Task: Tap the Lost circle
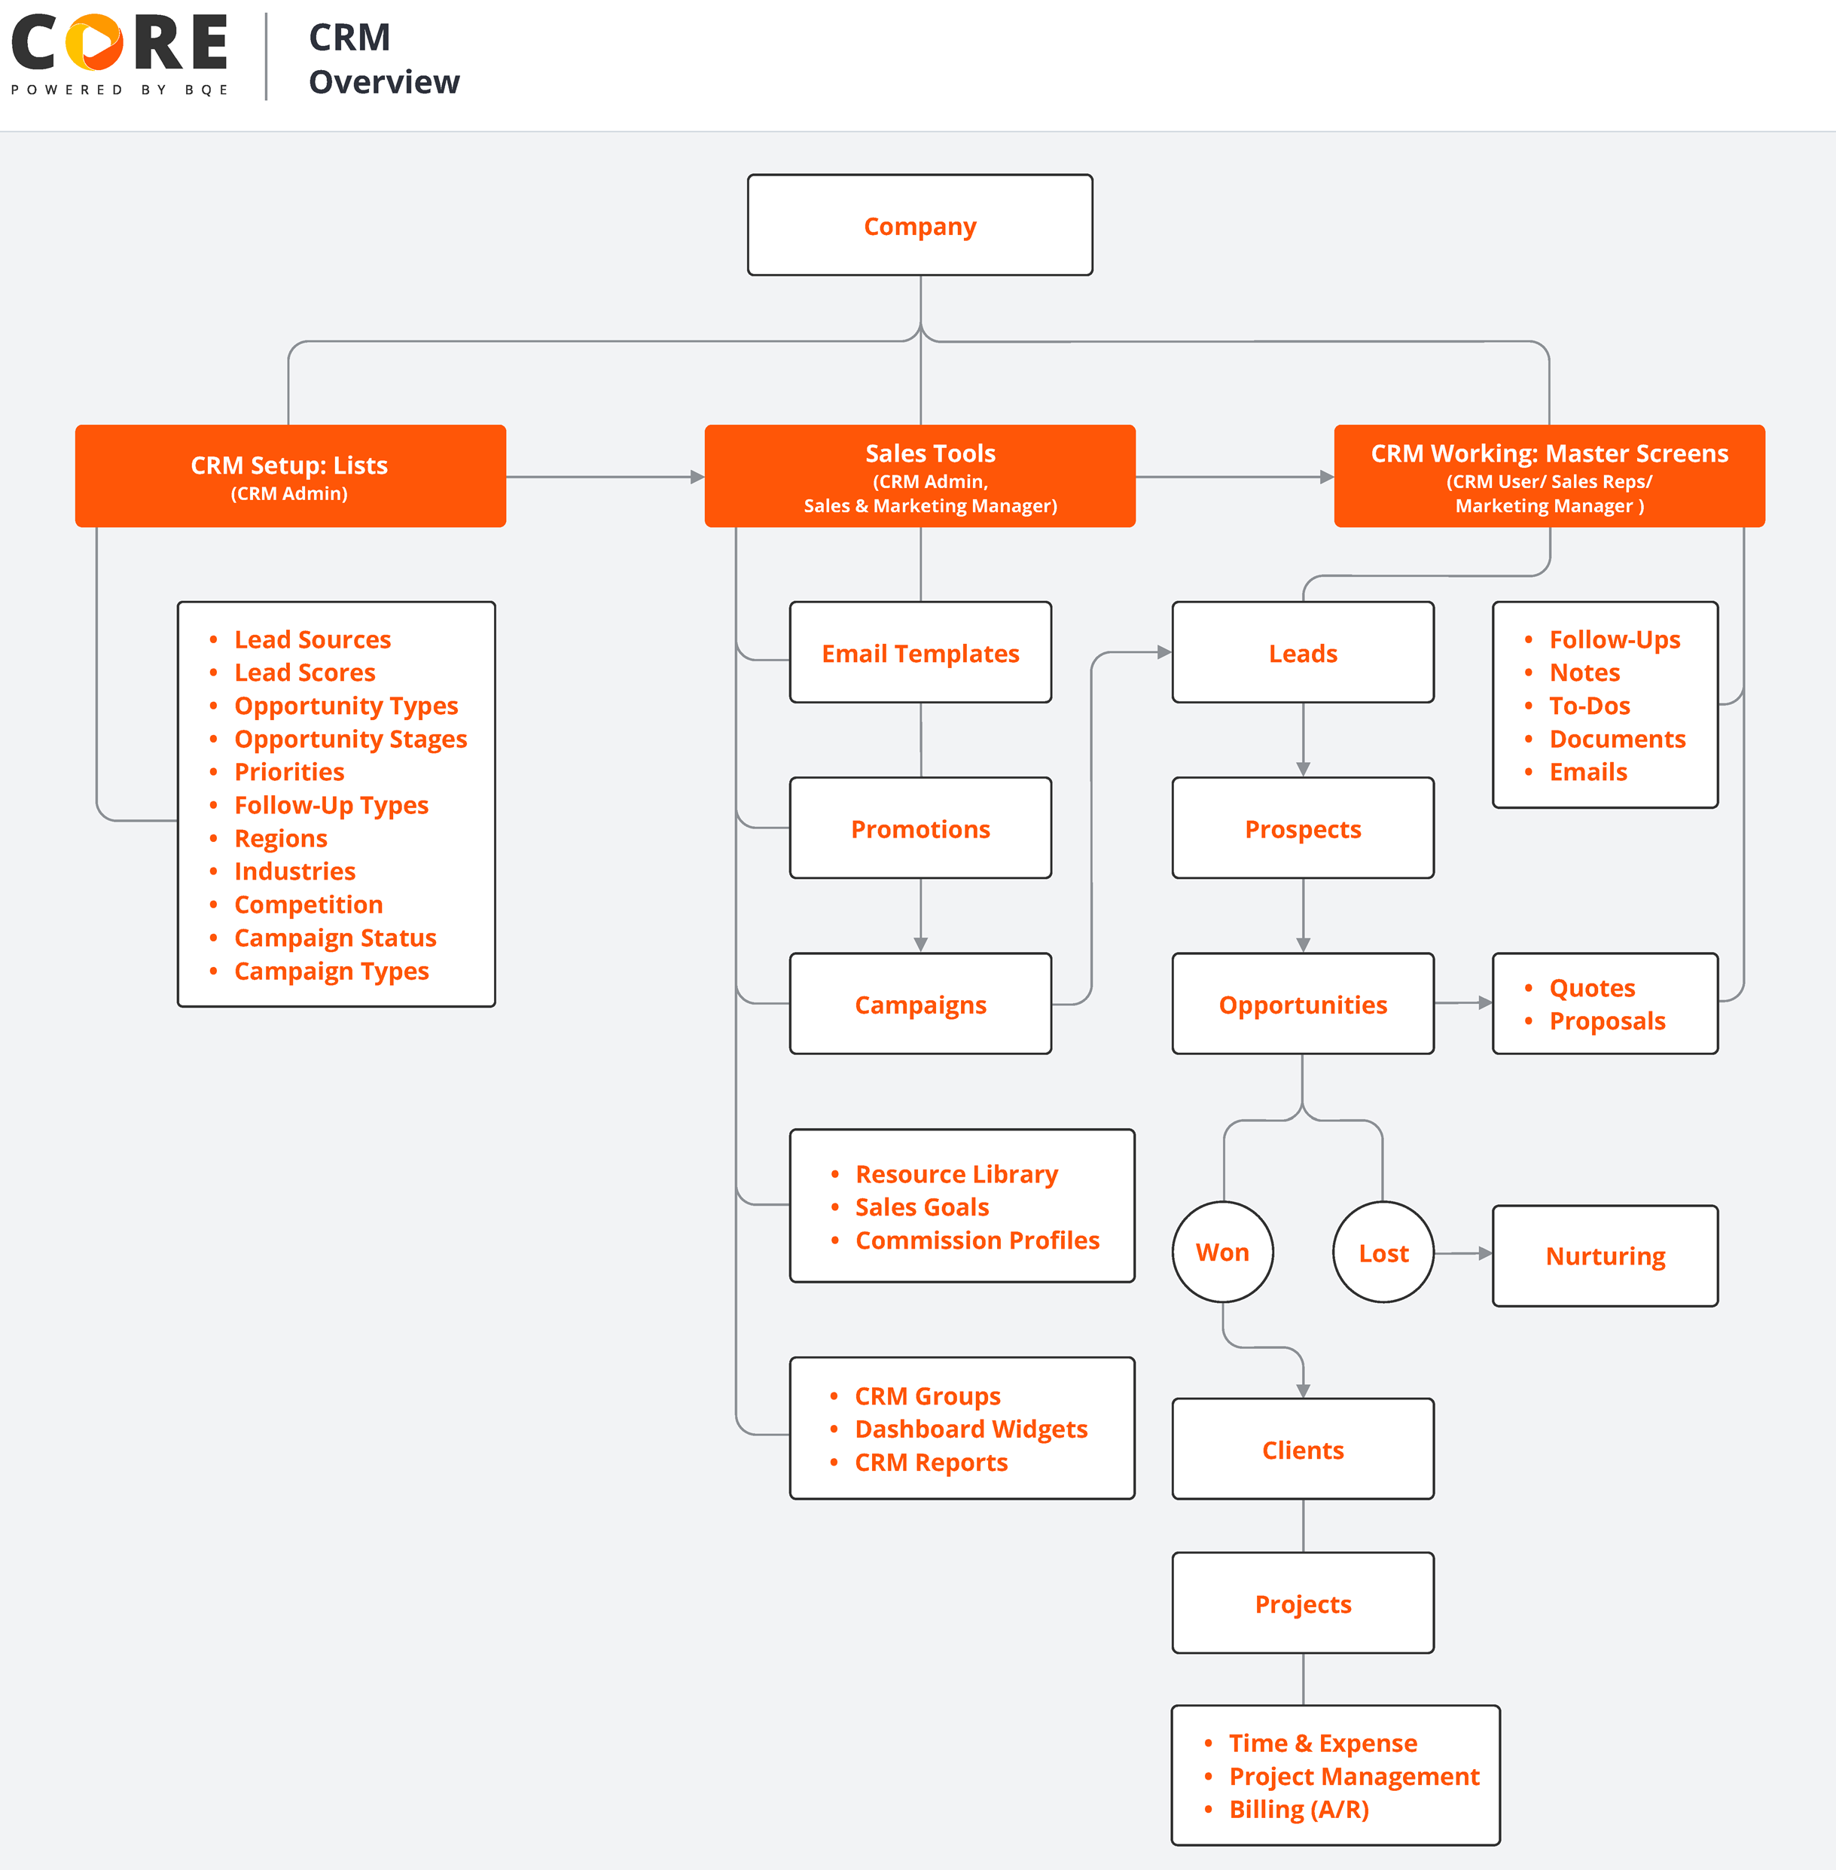point(1383,1252)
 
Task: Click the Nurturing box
point(1605,1255)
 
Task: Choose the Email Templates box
point(920,653)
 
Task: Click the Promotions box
point(920,828)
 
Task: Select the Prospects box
point(1302,828)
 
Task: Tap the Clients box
point(1302,1450)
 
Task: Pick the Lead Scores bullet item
point(305,673)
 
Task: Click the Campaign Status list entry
point(334,938)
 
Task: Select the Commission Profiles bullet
point(977,1240)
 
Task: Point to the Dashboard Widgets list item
point(970,1429)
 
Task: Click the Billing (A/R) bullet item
point(1298,1809)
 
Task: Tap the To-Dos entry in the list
point(1588,706)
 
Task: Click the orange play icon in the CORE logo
point(94,42)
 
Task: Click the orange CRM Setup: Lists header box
point(290,475)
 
